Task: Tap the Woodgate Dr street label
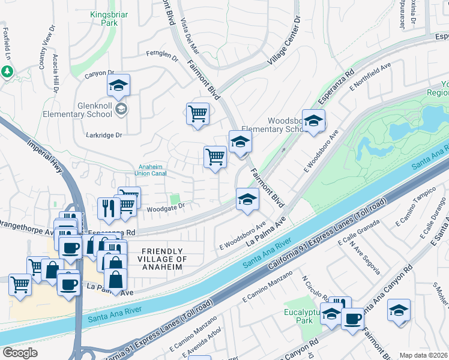(x=165, y=206)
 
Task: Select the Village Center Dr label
(x=284, y=41)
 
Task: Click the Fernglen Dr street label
(x=162, y=56)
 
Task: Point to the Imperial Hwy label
(x=45, y=158)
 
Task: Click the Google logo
(x=20, y=353)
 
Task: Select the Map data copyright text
(x=423, y=355)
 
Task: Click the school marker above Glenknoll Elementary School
(x=119, y=85)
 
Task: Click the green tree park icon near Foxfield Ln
(x=7, y=72)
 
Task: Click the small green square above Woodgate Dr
(x=175, y=199)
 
